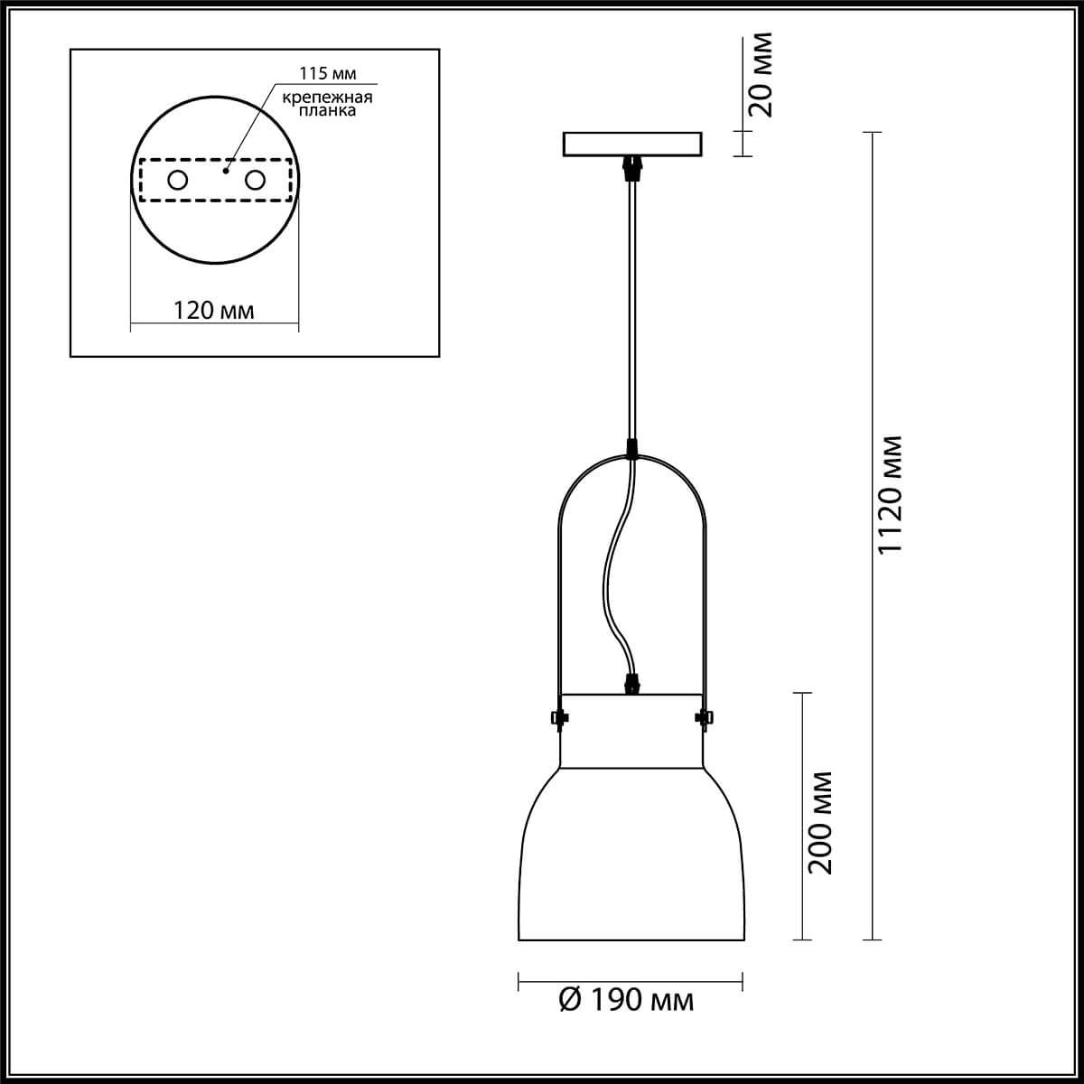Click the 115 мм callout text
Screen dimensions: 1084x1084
point(327,73)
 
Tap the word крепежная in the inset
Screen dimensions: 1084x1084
point(327,98)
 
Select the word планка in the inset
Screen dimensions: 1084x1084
point(327,110)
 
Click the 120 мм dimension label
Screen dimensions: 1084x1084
point(213,311)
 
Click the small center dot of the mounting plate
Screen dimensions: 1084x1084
point(226,171)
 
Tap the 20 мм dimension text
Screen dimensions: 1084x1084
point(762,75)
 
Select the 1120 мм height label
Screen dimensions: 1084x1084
point(891,495)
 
